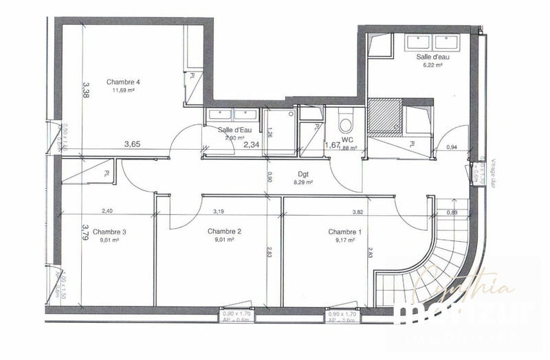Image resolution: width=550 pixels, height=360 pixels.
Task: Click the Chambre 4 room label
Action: (124, 82)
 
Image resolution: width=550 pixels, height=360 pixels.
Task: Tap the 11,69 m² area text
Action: (124, 91)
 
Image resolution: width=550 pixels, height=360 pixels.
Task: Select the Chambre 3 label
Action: (109, 232)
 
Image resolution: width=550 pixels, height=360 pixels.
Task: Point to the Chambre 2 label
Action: (224, 232)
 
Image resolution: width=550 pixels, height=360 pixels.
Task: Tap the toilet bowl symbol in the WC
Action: (346, 124)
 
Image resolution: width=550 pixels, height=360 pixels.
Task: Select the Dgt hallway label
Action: (303, 175)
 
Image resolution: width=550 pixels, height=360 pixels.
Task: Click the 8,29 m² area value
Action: (303, 183)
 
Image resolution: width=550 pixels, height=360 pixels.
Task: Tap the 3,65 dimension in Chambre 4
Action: (133, 144)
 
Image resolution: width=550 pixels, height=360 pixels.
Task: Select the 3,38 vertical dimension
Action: (86, 89)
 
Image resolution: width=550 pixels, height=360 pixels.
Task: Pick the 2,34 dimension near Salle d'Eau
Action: (252, 144)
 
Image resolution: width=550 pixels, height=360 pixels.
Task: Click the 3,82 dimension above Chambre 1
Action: (357, 212)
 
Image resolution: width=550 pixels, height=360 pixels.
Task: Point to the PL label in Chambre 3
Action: (107, 172)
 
